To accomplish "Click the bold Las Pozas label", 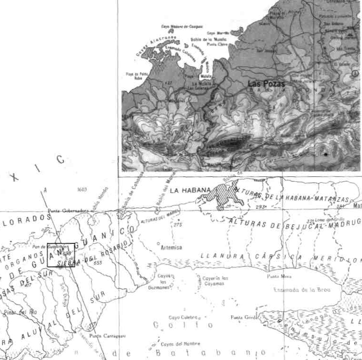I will point(267,83).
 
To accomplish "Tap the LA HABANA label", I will point(190,190).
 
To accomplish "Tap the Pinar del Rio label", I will point(20,312).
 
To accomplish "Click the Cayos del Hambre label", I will point(180,343).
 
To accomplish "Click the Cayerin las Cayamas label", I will point(216,280).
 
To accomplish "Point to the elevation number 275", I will point(178,224).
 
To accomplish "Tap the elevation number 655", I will point(98,262).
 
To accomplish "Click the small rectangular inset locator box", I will point(61,255).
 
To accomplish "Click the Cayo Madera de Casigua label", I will point(182,27).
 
